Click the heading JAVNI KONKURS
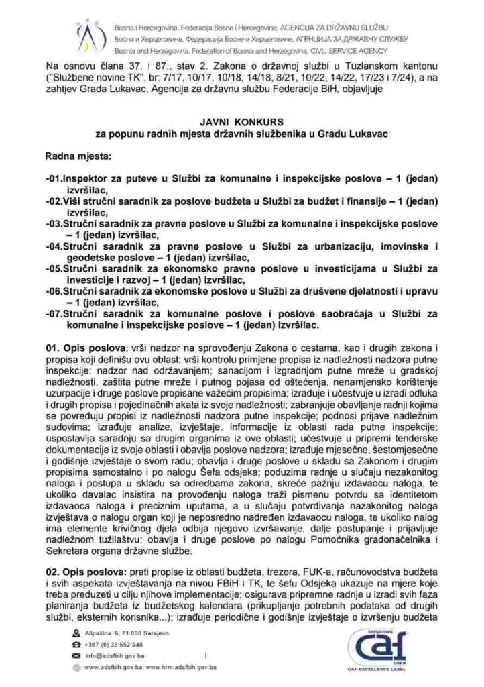pyautogui.click(x=241, y=123)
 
